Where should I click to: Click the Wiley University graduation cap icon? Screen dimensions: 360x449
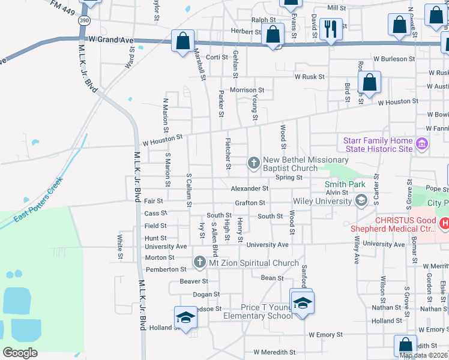point(361,200)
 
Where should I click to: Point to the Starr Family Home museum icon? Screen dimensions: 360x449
point(421,144)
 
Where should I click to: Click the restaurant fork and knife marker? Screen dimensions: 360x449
point(331,28)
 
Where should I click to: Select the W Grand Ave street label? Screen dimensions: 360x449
point(110,40)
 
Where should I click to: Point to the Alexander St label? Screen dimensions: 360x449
point(250,188)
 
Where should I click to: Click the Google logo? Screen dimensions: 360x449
point(20,353)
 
